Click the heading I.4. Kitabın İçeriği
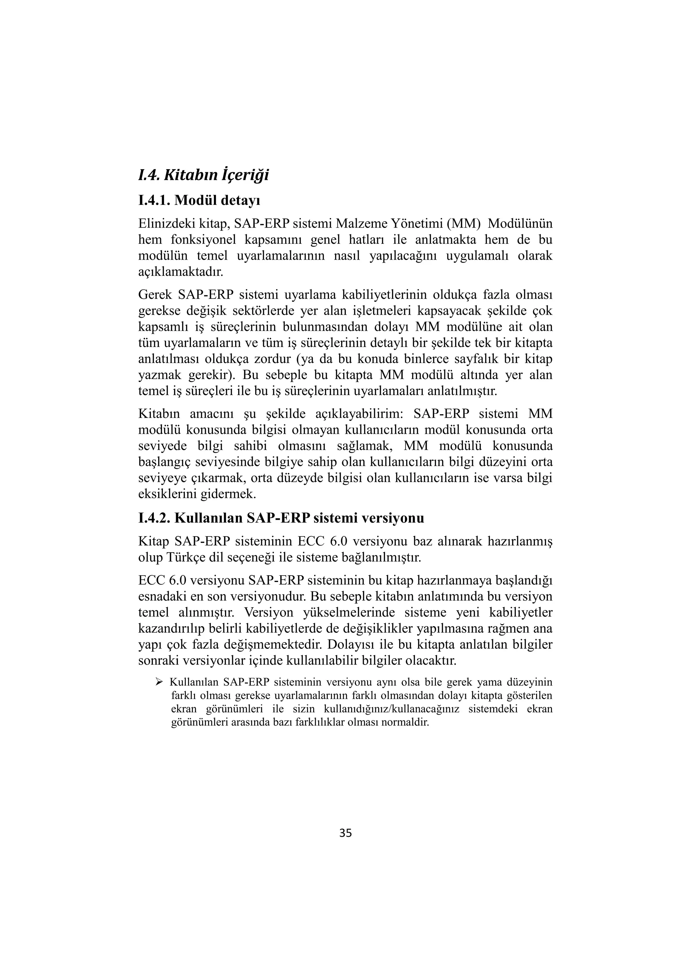click(203, 175)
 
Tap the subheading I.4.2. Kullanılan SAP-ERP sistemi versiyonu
click(281, 518)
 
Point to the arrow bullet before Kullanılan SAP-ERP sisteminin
click(159, 682)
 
